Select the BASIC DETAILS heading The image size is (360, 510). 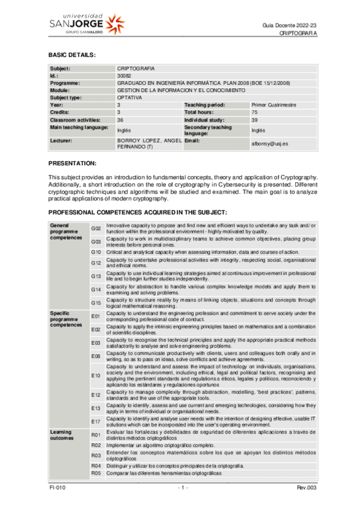72,55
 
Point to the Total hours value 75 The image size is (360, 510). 254,112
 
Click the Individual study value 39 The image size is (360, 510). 254,120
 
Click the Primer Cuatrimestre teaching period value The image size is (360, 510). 273,105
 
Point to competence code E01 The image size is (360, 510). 96,316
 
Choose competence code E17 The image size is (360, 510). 96,421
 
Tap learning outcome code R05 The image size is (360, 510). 95,473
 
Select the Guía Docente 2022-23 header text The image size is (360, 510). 290,23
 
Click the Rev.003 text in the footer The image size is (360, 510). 307,487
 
